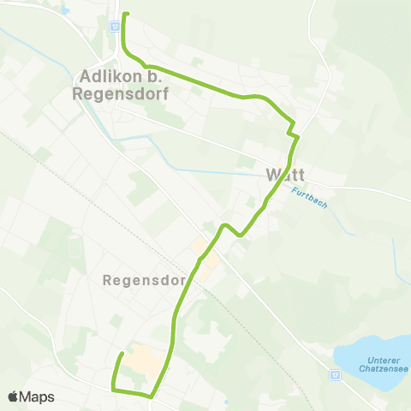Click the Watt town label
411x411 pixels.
tap(285, 175)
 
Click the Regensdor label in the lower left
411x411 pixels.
tap(143, 280)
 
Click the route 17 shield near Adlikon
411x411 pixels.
tap(114, 26)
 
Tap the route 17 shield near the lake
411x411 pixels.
tap(334, 374)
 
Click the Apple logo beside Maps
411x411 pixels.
tap(13, 396)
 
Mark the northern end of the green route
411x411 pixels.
tap(125, 15)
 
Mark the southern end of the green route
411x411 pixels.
tap(122, 354)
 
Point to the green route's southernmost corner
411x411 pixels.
tap(152, 396)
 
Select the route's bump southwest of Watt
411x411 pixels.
tap(224, 226)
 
